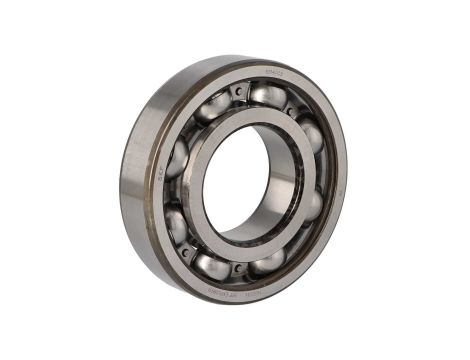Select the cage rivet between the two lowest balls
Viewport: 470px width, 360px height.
point(236,268)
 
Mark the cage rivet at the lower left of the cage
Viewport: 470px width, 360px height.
point(185,252)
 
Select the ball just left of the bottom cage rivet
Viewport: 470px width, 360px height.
point(211,265)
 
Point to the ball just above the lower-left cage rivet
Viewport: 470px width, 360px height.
point(176,225)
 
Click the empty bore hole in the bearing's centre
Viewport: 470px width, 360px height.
point(245,180)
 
